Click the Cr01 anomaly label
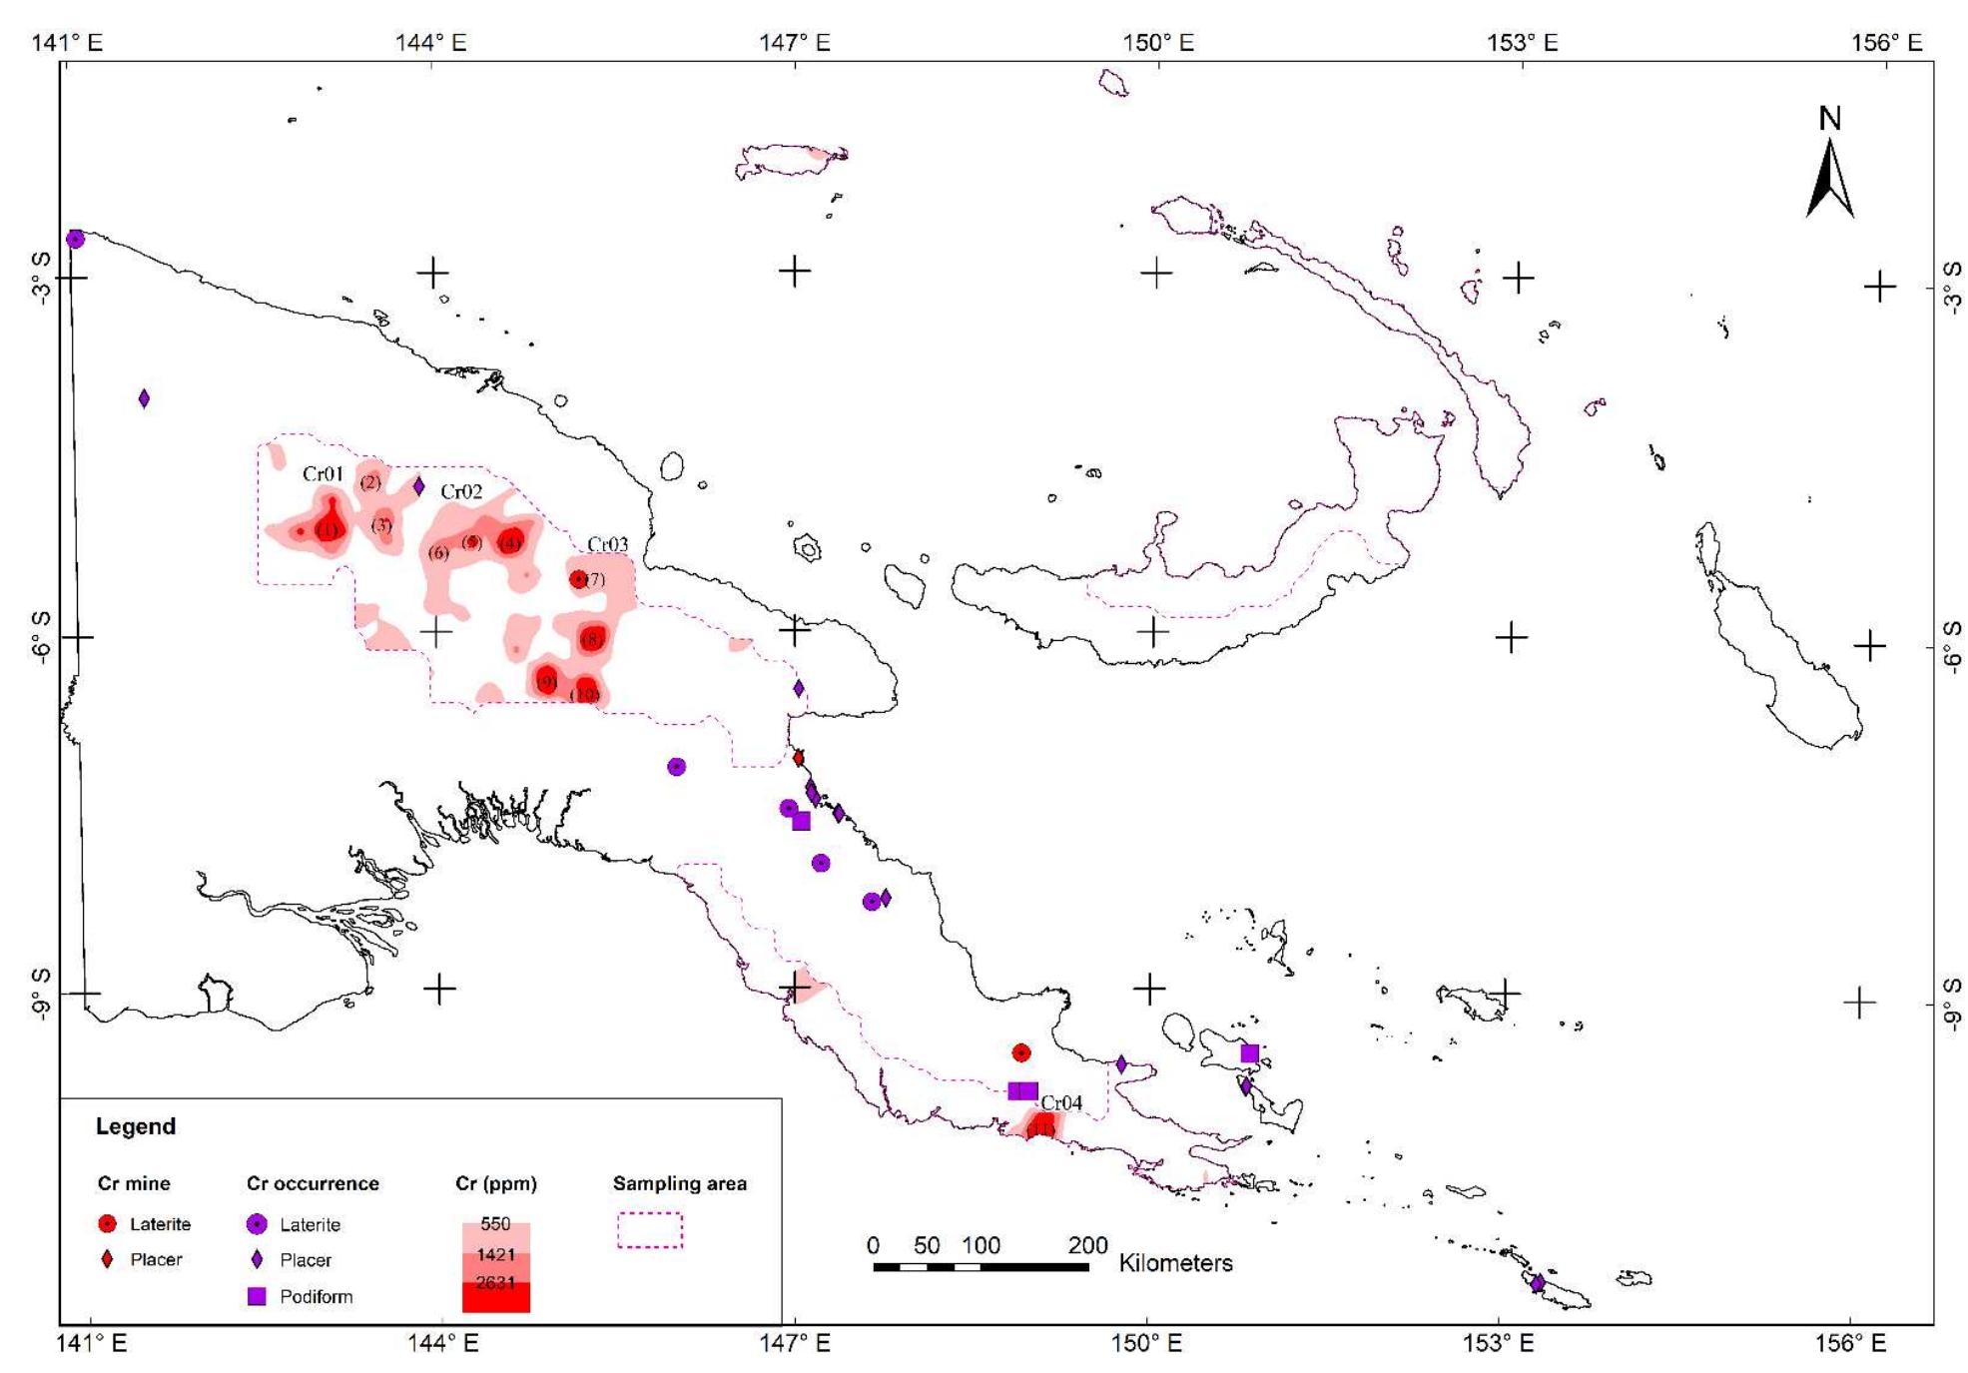pyautogui.click(x=323, y=474)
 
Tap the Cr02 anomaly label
pyautogui.click(x=461, y=491)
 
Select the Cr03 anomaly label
pyautogui.click(x=607, y=544)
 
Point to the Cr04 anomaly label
pyautogui.click(x=1060, y=1102)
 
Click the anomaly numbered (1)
pyautogui.click(x=328, y=529)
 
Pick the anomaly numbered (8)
pyautogui.click(x=592, y=638)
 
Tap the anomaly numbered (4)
pyautogui.click(x=511, y=542)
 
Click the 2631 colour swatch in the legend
pyautogui.click(x=495, y=1294)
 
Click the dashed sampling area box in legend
pyautogui.click(x=650, y=1229)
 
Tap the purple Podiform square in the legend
pyautogui.click(x=257, y=1296)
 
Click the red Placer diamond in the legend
pyautogui.click(x=108, y=1259)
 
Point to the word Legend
pyautogui.click(x=136, y=1126)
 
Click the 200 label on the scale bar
pyautogui.click(x=1087, y=1245)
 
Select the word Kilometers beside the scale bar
pyautogui.click(x=1175, y=1263)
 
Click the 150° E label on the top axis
pyautogui.click(x=1157, y=43)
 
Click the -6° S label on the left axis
pyautogui.click(x=40, y=637)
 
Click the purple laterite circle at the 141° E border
pyautogui.click(x=75, y=239)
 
